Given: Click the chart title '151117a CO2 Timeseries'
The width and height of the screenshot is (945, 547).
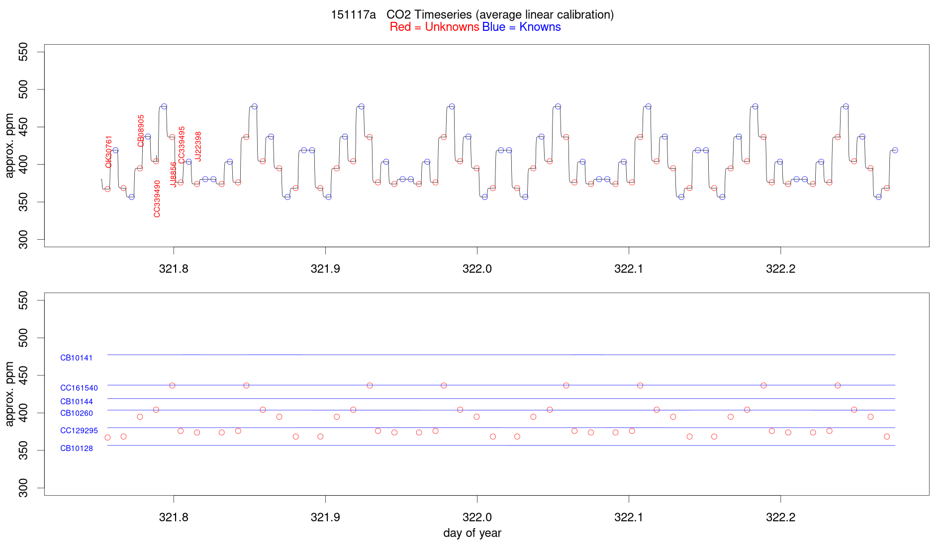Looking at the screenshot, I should (472, 14).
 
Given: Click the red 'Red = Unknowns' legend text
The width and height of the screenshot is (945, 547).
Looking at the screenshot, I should (434, 27).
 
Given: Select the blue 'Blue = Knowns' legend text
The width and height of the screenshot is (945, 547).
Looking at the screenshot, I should (521, 27).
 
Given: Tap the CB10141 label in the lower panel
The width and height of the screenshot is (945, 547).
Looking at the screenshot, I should (76, 358).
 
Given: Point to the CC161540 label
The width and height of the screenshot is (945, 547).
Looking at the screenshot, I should (79, 388).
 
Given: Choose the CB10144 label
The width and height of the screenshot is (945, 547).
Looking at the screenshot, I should (77, 401).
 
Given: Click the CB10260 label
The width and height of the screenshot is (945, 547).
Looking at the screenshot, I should (77, 413).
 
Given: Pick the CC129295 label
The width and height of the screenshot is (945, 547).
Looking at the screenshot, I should (79, 431).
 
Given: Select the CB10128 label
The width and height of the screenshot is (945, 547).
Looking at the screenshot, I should (77, 449).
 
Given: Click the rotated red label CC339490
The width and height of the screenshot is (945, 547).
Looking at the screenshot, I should (157, 199).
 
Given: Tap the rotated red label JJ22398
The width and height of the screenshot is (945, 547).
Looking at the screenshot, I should (198, 146).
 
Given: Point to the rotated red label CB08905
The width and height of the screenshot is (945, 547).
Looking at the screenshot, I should (141, 130).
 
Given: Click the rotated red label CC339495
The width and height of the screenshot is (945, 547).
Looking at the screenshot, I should (182, 145).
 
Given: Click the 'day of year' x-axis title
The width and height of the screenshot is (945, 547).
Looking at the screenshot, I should (472, 533).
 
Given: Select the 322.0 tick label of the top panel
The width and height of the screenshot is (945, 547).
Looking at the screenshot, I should (477, 269).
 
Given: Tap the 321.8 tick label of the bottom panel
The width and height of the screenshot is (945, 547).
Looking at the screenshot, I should (174, 517).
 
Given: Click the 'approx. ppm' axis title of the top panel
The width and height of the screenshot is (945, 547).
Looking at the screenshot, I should (9, 146).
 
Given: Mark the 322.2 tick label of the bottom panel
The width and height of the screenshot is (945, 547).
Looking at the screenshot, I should (780, 517).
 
